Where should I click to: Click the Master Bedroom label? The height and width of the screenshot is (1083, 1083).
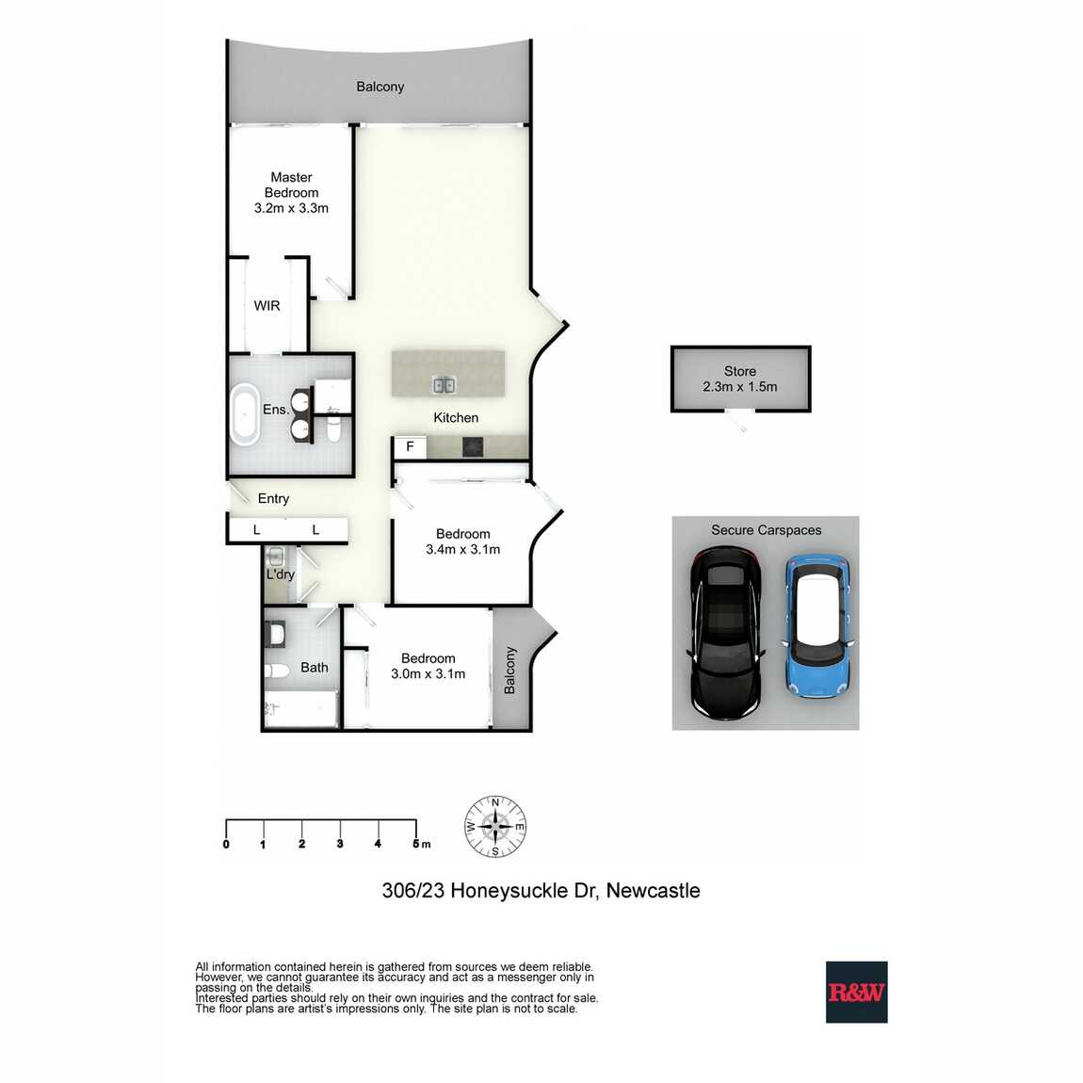[x=291, y=193]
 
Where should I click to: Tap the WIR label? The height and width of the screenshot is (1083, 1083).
[x=267, y=306]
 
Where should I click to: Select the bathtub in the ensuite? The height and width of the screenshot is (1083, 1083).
[x=245, y=414]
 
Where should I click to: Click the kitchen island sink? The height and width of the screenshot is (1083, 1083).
[x=445, y=385]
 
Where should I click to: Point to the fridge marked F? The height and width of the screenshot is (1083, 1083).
[x=410, y=447]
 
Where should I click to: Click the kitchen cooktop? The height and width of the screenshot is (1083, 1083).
[x=473, y=447]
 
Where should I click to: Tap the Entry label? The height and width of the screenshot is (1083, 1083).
[x=273, y=499]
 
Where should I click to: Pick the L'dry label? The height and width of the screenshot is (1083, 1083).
[x=281, y=574]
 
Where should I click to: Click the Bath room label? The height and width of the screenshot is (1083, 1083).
[x=315, y=668]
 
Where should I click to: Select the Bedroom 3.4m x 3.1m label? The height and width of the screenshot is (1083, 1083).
[x=462, y=541]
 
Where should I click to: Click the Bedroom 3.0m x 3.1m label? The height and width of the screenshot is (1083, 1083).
[x=428, y=666]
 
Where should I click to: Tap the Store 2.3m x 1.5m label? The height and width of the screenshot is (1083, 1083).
[x=739, y=380]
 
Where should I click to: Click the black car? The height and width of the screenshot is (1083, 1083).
[x=726, y=633]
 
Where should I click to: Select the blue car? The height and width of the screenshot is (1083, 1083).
[x=818, y=626]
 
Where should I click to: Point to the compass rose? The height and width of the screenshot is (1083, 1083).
[x=495, y=826]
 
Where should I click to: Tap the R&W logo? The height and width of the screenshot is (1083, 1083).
[x=856, y=992]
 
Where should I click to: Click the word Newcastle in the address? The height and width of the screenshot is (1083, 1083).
[x=653, y=891]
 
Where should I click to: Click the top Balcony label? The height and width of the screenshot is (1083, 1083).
[x=380, y=87]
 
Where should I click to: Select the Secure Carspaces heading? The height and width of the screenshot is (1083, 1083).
[x=766, y=530]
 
